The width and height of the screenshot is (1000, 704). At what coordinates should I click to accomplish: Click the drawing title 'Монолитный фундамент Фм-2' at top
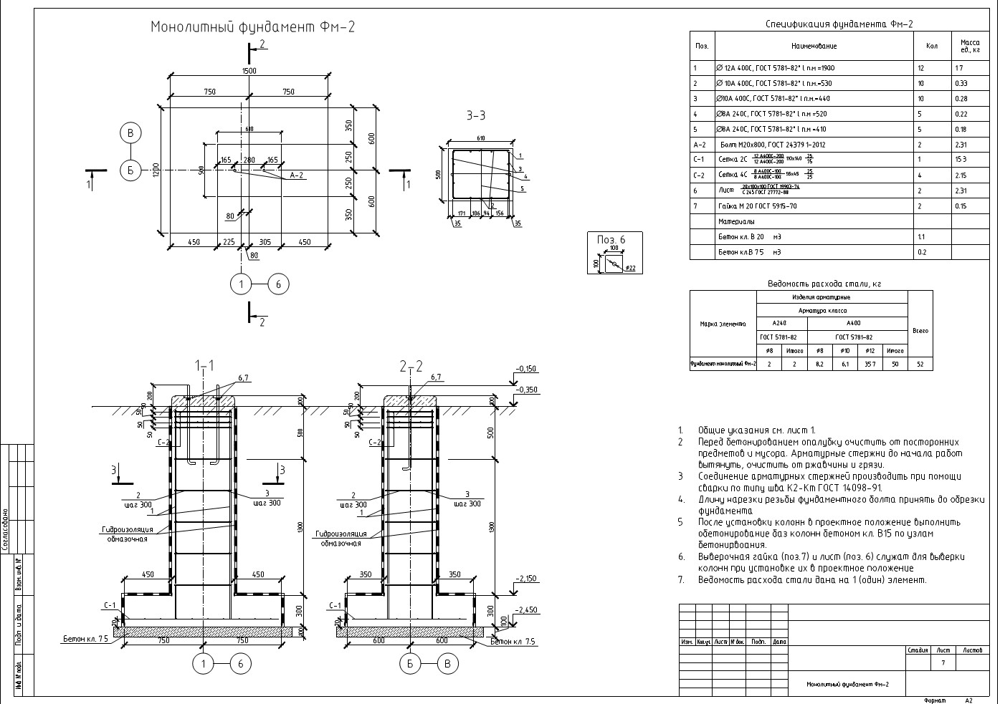[252, 27]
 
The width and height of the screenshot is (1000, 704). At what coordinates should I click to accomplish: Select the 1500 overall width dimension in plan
[249, 71]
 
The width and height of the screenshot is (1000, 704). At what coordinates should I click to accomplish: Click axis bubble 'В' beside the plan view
[130, 133]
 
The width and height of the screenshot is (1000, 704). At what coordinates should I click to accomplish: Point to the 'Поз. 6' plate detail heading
[611, 239]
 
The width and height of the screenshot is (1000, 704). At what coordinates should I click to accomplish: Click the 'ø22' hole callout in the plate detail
[630, 269]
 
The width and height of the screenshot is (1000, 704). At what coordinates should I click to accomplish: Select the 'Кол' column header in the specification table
[931, 46]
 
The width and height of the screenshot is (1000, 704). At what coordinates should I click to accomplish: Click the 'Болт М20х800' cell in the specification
[751, 145]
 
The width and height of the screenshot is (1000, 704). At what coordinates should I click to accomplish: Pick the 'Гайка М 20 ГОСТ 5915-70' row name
[757, 206]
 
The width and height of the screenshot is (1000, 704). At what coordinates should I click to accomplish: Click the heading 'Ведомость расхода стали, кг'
[824, 284]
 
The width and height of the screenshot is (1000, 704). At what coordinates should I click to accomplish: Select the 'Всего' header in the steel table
[920, 331]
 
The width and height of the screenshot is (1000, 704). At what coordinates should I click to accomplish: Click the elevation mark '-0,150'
[525, 369]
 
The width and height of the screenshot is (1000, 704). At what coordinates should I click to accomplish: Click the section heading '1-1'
[204, 367]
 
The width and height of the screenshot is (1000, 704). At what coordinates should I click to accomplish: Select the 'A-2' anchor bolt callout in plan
[297, 175]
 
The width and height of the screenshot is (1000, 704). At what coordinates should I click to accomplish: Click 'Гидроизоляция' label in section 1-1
[127, 530]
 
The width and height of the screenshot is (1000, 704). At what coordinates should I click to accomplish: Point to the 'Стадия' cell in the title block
[918, 650]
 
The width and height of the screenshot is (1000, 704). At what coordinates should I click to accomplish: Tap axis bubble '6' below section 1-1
[240, 665]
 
